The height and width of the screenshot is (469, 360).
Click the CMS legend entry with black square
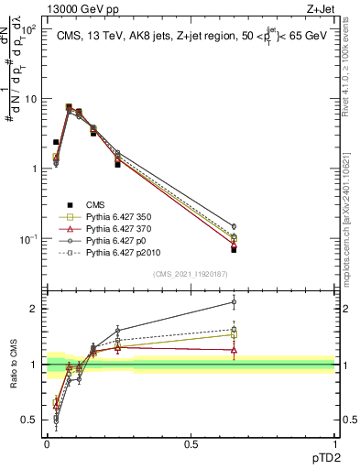[x=96, y=204]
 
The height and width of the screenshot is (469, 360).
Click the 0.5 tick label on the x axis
[x=191, y=444]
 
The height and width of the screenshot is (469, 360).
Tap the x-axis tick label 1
[x=334, y=444]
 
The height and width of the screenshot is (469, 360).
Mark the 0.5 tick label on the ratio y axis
[x=30, y=420]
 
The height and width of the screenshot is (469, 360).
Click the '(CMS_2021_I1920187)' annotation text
[x=191, y=275]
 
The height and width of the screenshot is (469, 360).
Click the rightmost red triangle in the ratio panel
[x=234, y=350]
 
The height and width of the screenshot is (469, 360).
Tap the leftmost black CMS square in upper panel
[x=56, y=142]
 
